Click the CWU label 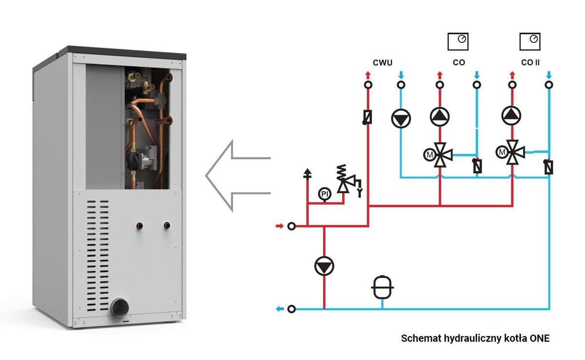point(383,62)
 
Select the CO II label point(530,62)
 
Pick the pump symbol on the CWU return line point(401,117)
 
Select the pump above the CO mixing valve point(440,115)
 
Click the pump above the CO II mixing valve point(511,115)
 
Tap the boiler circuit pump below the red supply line point(324,266)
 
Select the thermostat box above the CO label point(458,41)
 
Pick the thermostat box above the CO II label point(530,41)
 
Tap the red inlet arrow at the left point(279,226)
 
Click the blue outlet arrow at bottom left point(279,309)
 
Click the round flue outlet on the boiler point(119,307)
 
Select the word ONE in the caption point(539,338)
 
